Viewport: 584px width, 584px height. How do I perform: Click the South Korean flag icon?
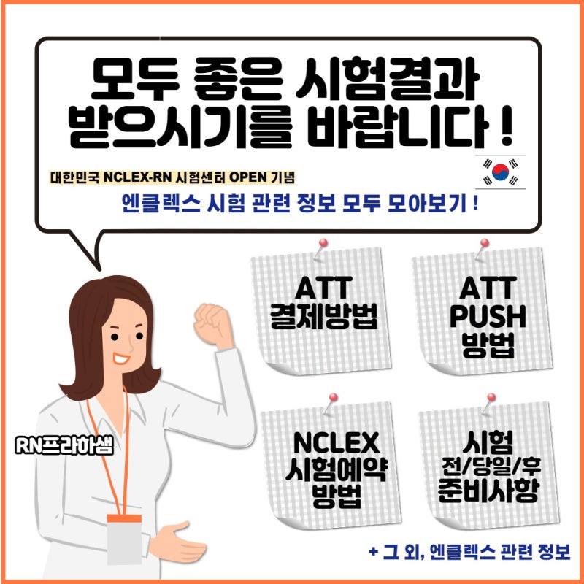[500, 172]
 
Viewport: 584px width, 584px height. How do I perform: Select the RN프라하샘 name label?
[64, 445]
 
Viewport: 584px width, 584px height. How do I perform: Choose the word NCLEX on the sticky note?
[337, 442]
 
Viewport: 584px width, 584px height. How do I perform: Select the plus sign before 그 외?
[374, 550]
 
